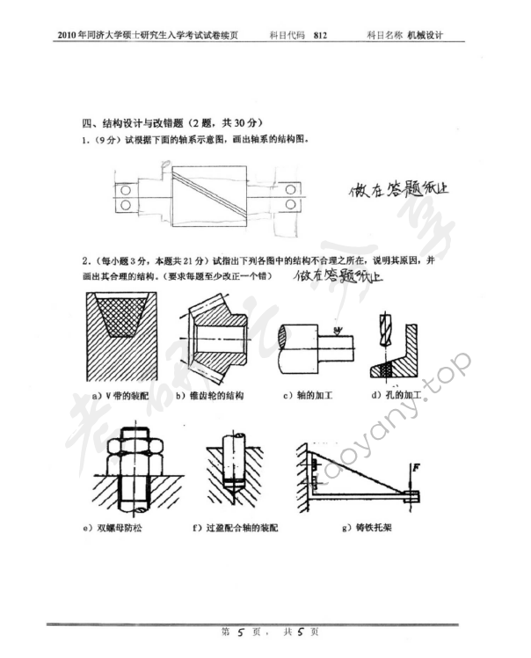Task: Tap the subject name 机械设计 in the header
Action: (x=426, y=36)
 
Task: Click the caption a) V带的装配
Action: (x=122, y=396)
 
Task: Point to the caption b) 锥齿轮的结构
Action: (x=209, y=396)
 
